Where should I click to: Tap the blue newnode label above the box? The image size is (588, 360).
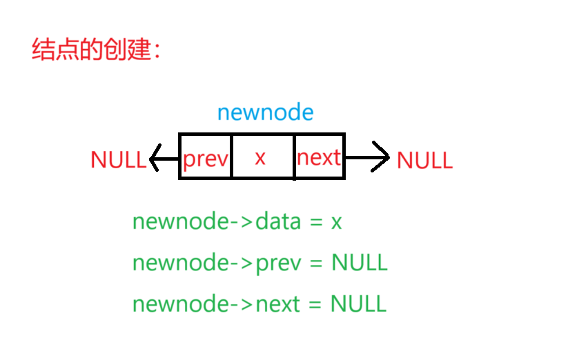tap(265, 112)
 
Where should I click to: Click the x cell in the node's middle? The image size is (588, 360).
tap(260, 158)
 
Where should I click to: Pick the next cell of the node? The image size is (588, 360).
tap(318, 158)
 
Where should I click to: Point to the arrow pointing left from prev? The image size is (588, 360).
tap(164, 158)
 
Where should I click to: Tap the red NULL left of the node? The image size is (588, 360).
tap(118, 160)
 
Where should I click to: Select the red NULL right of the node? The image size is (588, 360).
tap(424, 160)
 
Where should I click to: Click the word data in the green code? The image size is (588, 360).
tap(278, 222)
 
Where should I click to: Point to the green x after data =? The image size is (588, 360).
tap(336, 223)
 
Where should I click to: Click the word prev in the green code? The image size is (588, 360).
tap(277, 263)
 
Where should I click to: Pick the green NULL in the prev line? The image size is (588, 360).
tap(359, 263)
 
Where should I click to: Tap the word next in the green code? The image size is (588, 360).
tap(277, 304)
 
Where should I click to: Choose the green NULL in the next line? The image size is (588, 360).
tap(358, 304)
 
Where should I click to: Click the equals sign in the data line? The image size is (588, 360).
tap(316, 223)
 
